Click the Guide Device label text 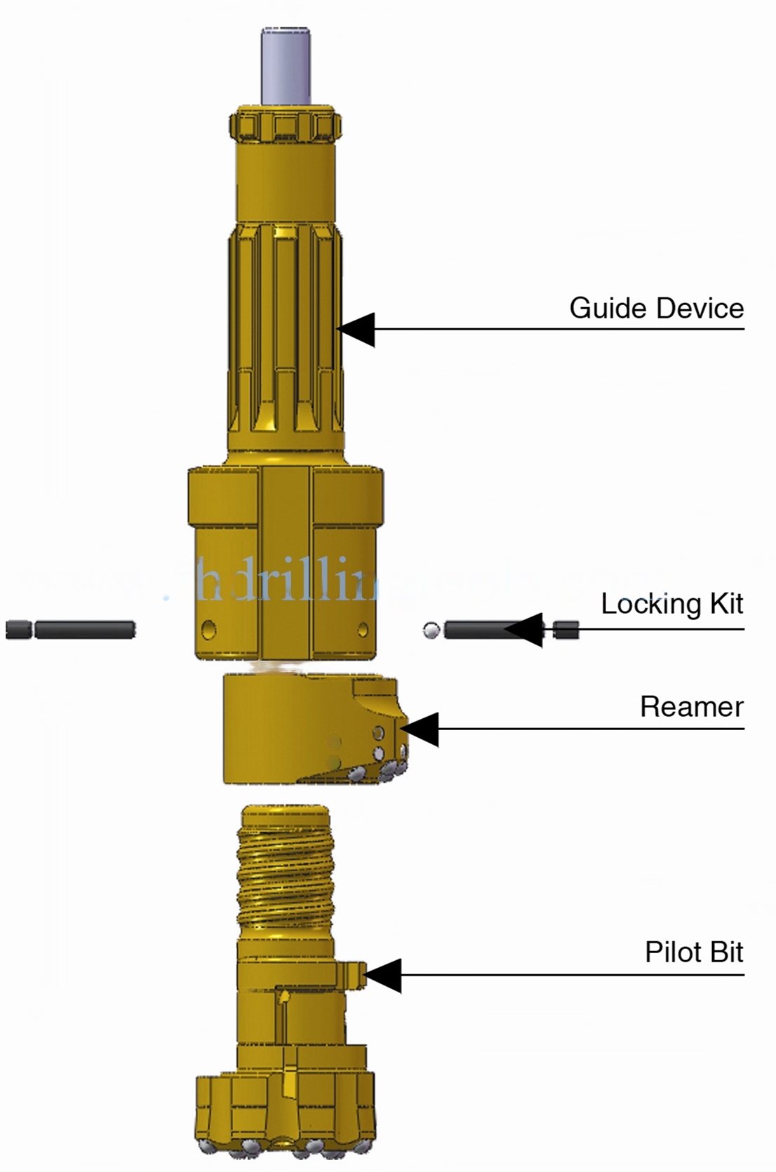(x=656, y=308)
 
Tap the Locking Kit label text (x=671, y=604)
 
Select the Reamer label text (x=691, y=706)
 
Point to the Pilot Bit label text (x=694, y=952)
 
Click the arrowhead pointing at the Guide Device (x=356, y=329)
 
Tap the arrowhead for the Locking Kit (x=524, y=629)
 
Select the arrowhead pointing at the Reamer (x=420, y=729)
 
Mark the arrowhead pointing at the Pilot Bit (x=383, y=975)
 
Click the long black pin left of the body (x=84, y=629)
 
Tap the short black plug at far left (x=19, y=629)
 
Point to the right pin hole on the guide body (x=362, y=628)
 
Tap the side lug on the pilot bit (x=353, y=974)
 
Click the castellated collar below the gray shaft (x=286, y=126)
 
